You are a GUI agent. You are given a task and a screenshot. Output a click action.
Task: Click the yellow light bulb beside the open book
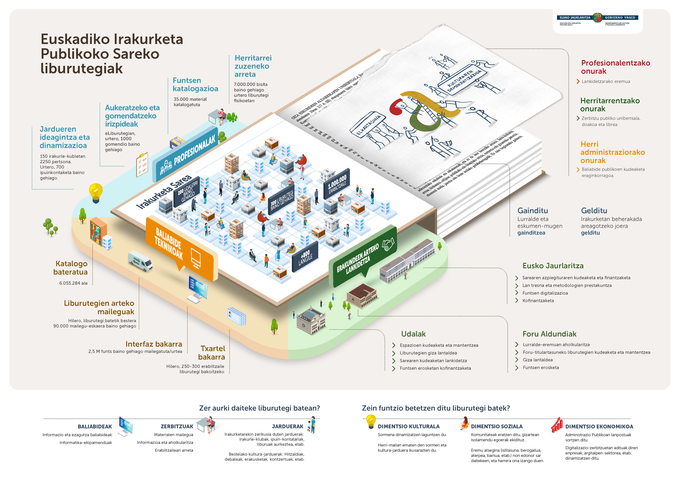pyautogui.click(x=96, y=193)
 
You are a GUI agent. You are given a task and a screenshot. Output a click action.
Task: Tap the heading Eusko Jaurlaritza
pyautogui.click(x=553, y=266)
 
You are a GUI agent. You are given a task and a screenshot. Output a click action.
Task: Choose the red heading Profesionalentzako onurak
pyautogui.click(x=615, y=67)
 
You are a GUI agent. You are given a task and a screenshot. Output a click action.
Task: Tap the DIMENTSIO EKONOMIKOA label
pyautogui.click(x=599, y=426)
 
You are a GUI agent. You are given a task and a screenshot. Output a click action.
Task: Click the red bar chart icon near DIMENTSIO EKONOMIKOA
pyautogui.click(x=557, y=425)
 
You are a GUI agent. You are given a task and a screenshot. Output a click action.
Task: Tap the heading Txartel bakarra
pyautogui.click(x=212, y=353)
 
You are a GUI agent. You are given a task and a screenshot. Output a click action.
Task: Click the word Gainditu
pyautogui.click(x=532, y=211)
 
